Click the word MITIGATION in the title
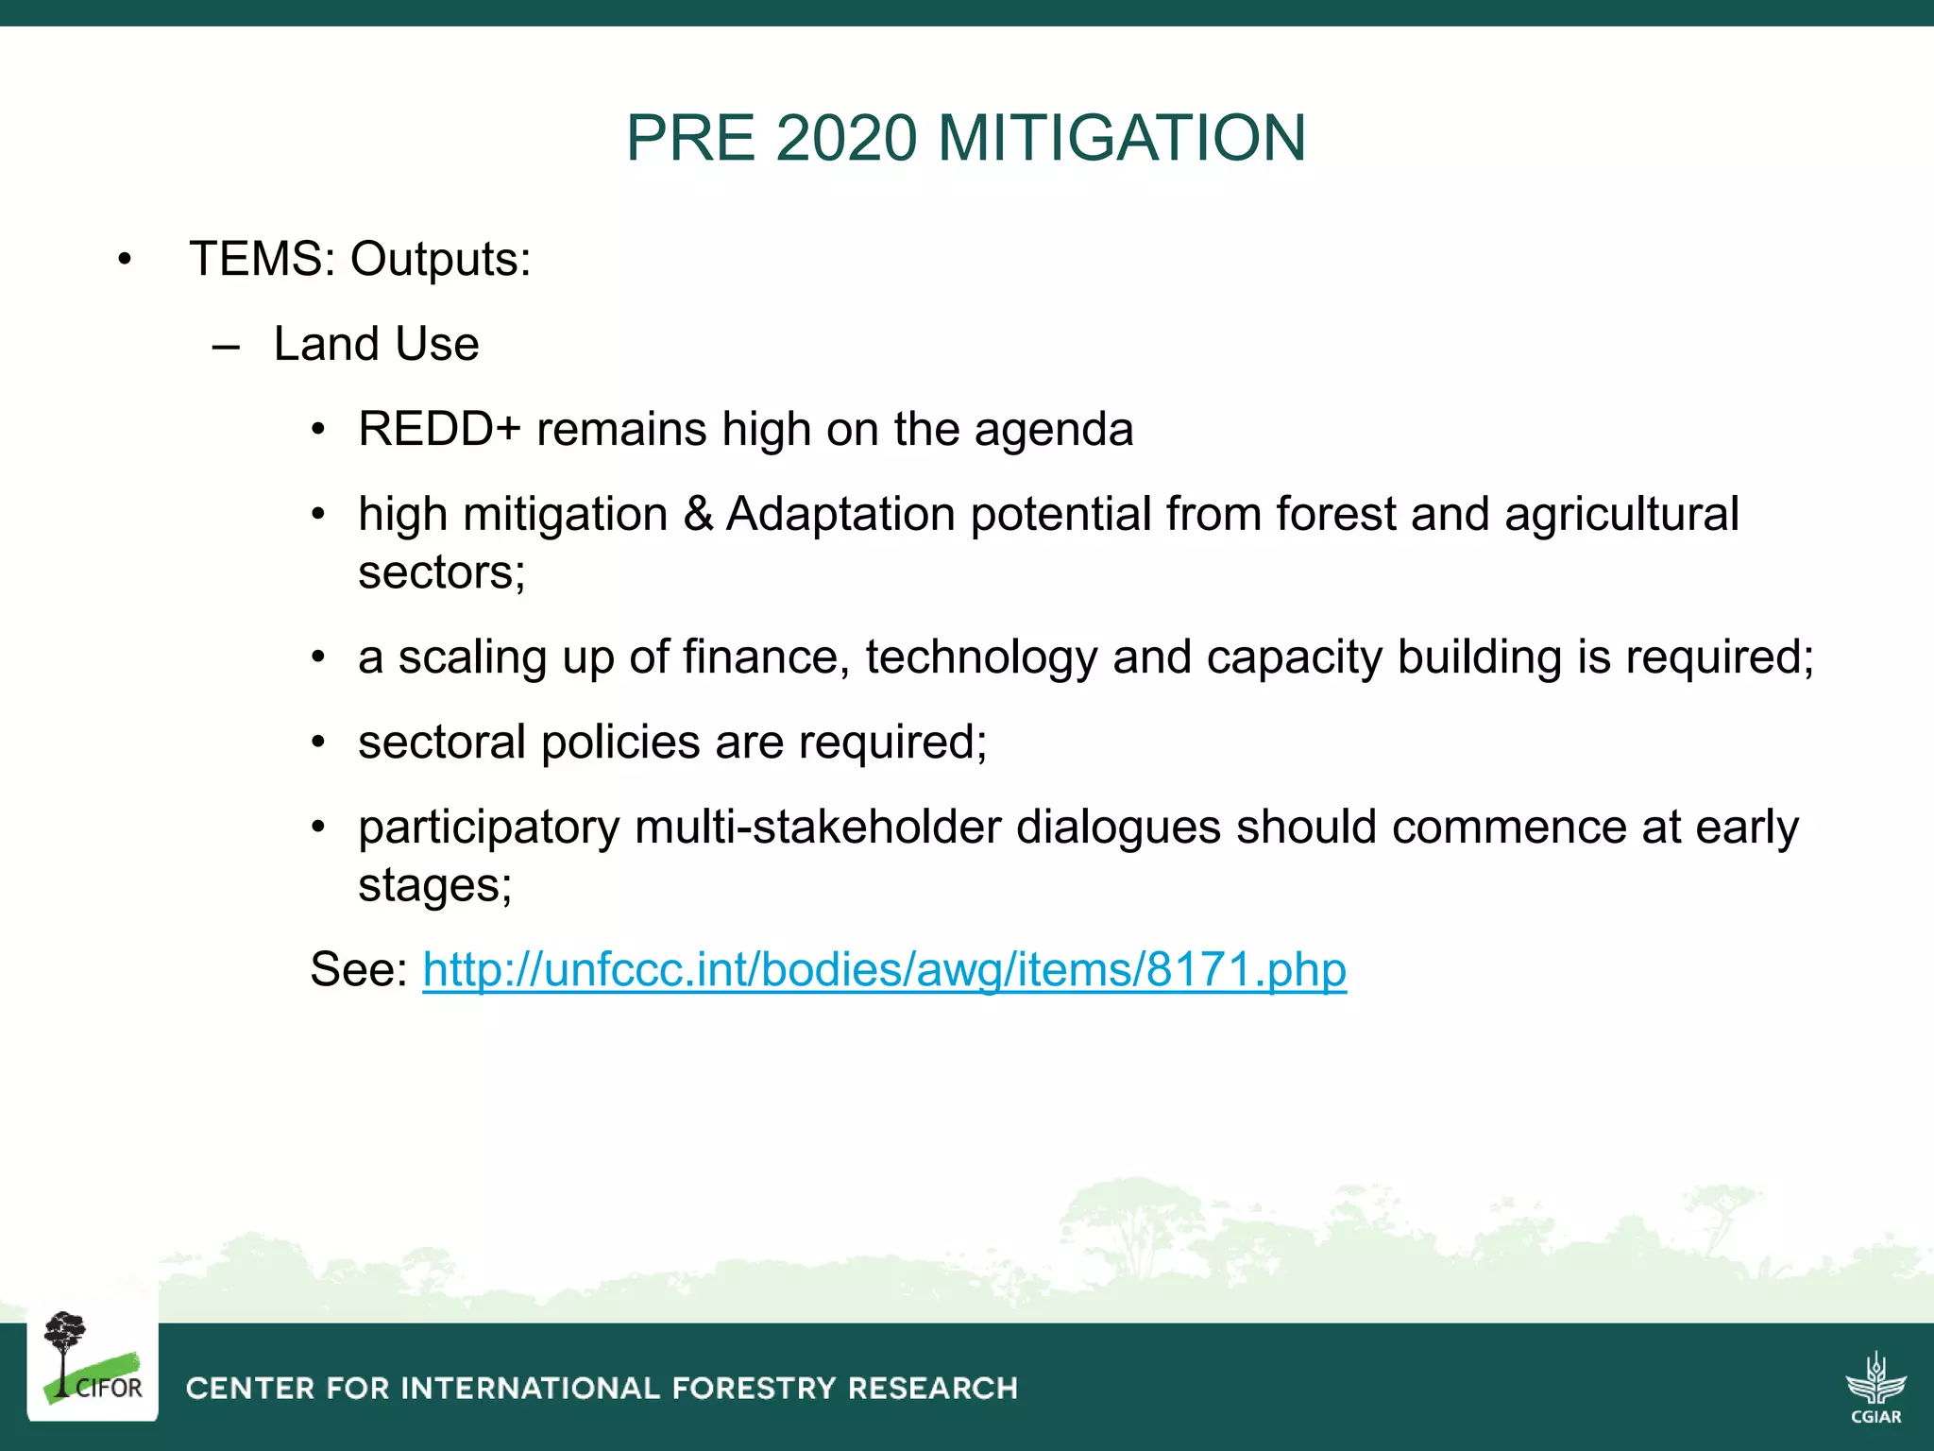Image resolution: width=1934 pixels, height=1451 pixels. pyautogui.click(x=1122, y=138)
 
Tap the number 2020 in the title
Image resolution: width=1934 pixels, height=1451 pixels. pyautogui.click(x=846, y=138)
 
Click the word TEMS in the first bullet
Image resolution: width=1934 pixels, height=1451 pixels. pyautogui.click(x=255, y=259)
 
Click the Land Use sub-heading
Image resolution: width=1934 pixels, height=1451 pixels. pyautogui.click(x=376, y=344)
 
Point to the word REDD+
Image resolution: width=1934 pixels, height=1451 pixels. pyautogui.click(x=439, y=429)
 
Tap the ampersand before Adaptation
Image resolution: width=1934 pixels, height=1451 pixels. pyautogui.click(x=698, y=514)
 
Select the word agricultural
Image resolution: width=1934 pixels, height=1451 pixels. pyautogui.click(x=1620, y=515)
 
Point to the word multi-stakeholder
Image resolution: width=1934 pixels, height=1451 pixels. pyautogui.click(x=817, y=828)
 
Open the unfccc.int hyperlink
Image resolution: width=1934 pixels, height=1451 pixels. pyautogui.click(x=884, y=969)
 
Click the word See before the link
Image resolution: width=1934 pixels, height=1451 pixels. pyautogui.click(x=358, y=969)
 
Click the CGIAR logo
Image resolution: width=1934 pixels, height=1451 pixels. pyautogui.click(x=1875, y=1386)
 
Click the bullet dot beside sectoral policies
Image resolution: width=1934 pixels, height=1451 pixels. pyautogui.click(x=319, y=743)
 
